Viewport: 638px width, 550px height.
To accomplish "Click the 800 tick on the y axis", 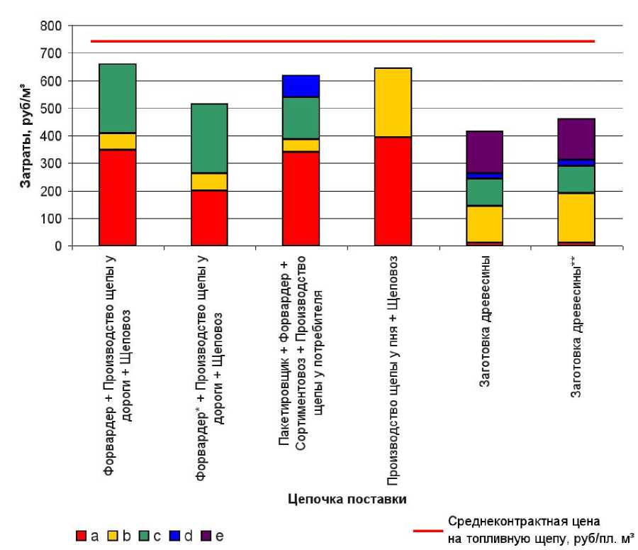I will point(54,26).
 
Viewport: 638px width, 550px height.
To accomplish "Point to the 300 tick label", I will point(54,164).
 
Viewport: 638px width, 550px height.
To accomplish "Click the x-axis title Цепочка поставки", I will point(347,499).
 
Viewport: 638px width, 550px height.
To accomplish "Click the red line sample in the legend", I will point(427,529).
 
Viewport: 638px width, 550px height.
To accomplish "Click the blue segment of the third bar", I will point(301,86).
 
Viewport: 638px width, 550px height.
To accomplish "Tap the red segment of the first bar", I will point(118,198).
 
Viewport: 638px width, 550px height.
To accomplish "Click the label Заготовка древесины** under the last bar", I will point(576,330).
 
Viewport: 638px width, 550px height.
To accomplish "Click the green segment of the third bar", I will point(301,118).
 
